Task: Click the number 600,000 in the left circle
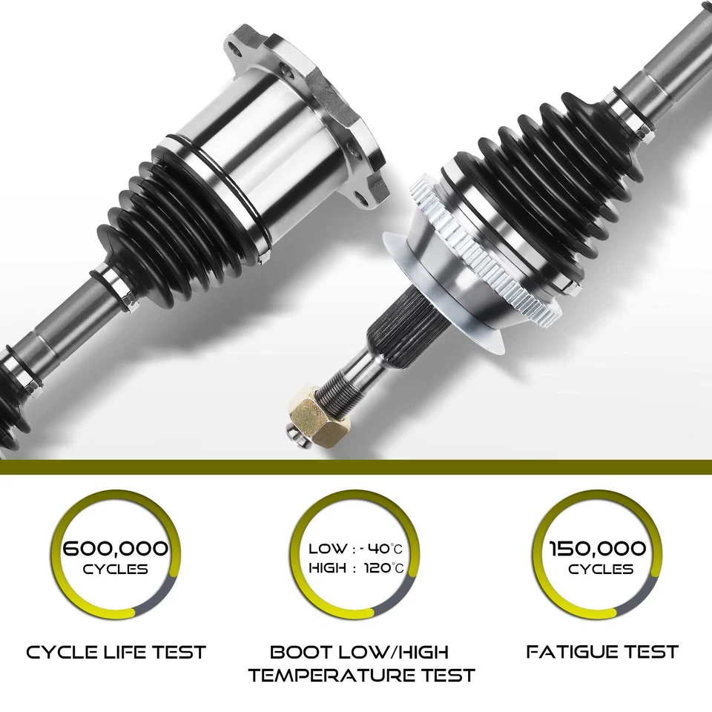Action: pos(116,549)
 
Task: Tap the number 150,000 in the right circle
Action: pos(597,549)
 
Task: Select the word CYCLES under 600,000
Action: pos(116,570)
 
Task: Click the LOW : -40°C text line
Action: pos(356,549)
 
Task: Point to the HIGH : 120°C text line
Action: pos(356,569)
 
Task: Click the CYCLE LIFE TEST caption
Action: pos(116,653)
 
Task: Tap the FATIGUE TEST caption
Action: pos(602,652)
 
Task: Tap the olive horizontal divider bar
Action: pos(356,467)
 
